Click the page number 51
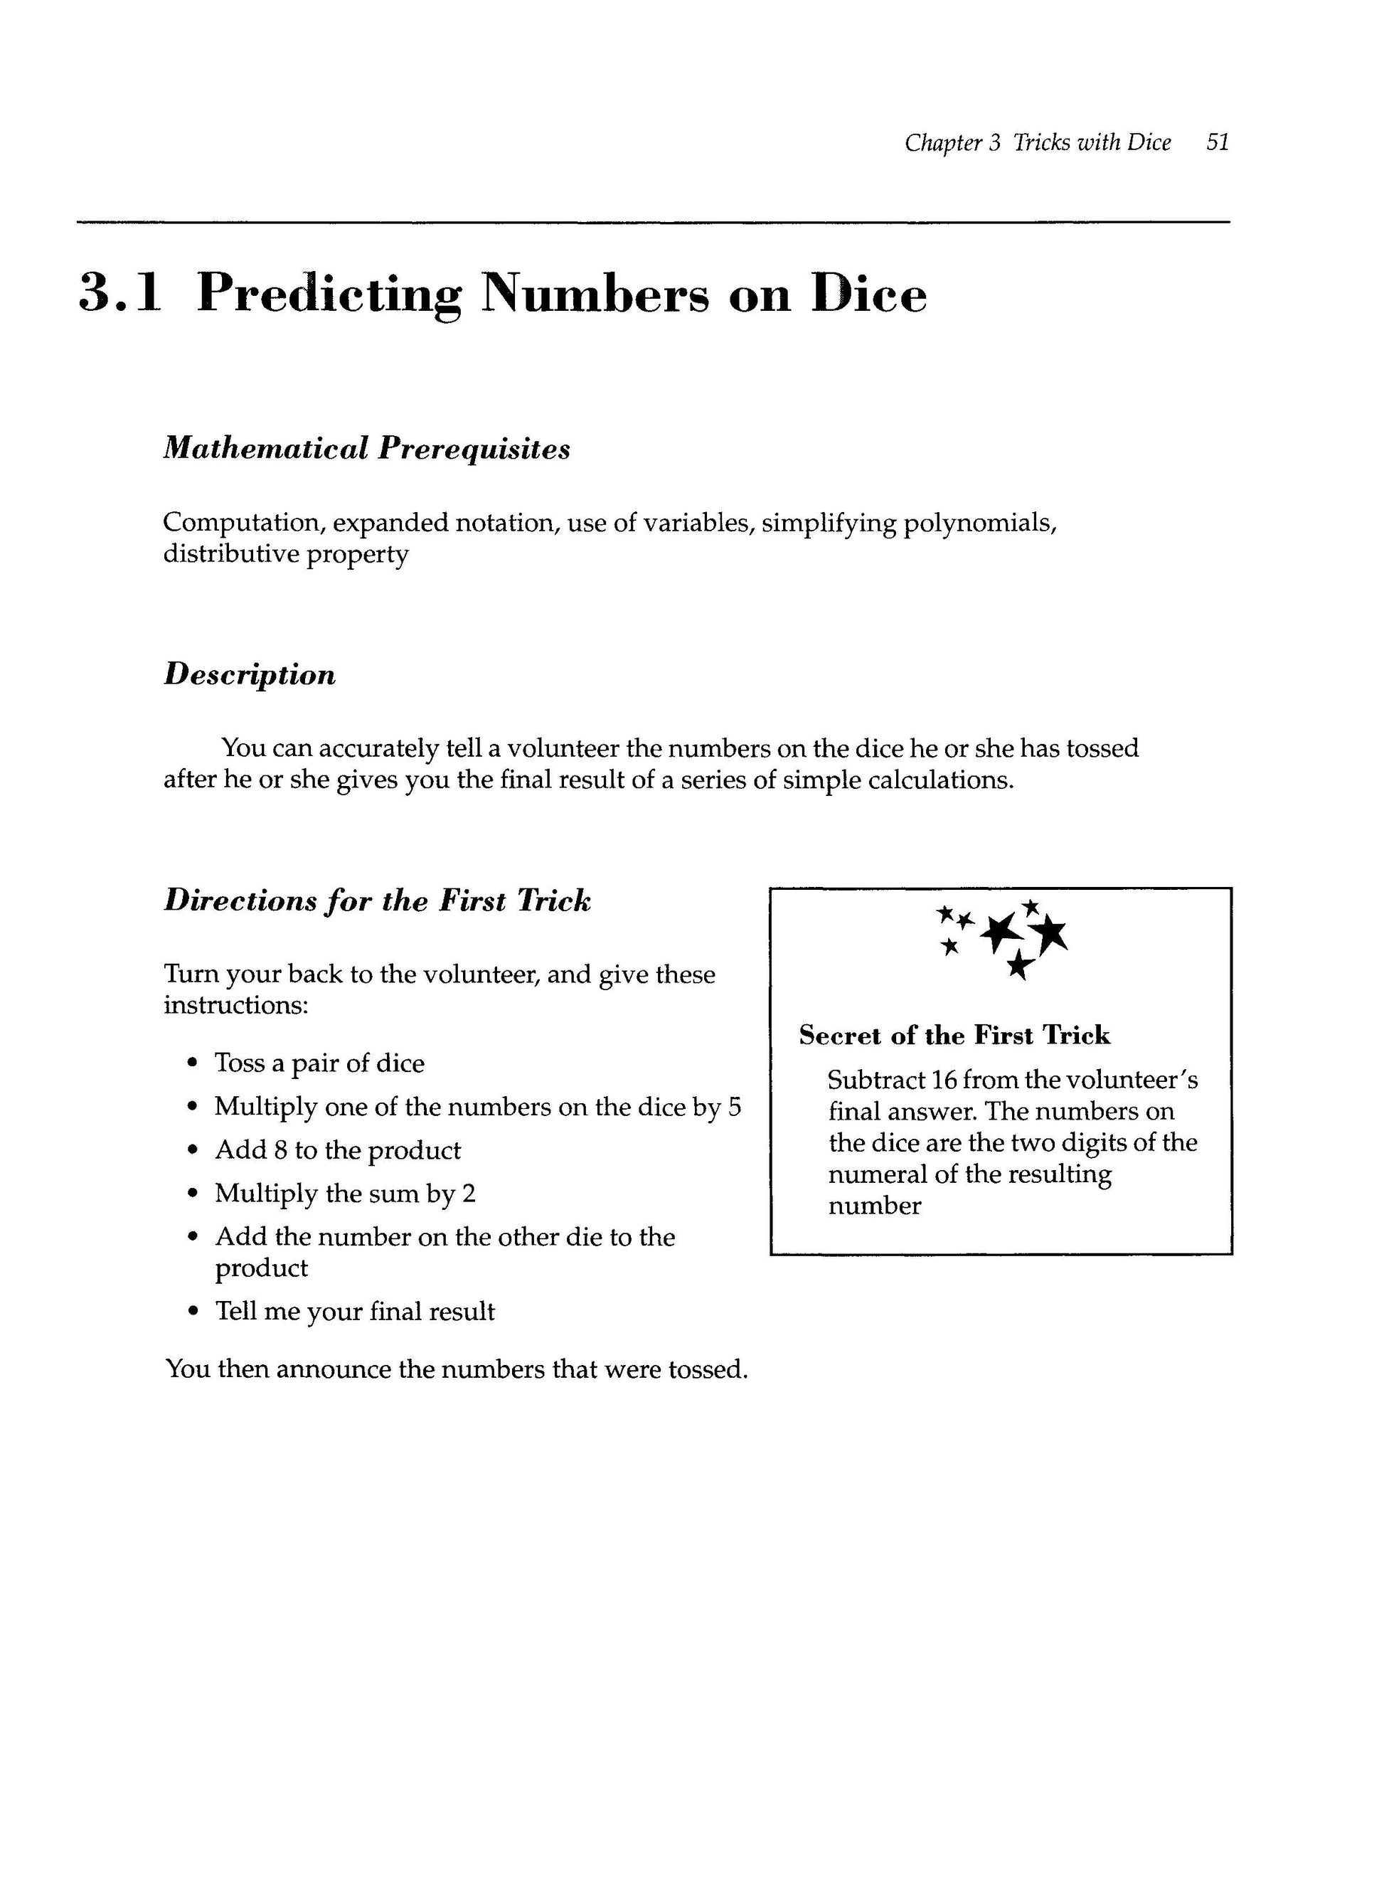[x=1218, y=142]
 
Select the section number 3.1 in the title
[x=119, y=293]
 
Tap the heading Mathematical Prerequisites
[x=366, y=448]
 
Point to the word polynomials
[x=979, y=524]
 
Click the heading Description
[x=249, y=674]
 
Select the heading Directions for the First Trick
[x=377, y=901]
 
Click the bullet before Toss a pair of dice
[x=193, y=1064]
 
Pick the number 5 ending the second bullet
[x=734, y=1108]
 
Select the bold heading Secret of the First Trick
[x=954, y=1036]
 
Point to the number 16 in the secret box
[x=944, y=1080]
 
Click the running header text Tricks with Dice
[x=1092, y=142]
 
